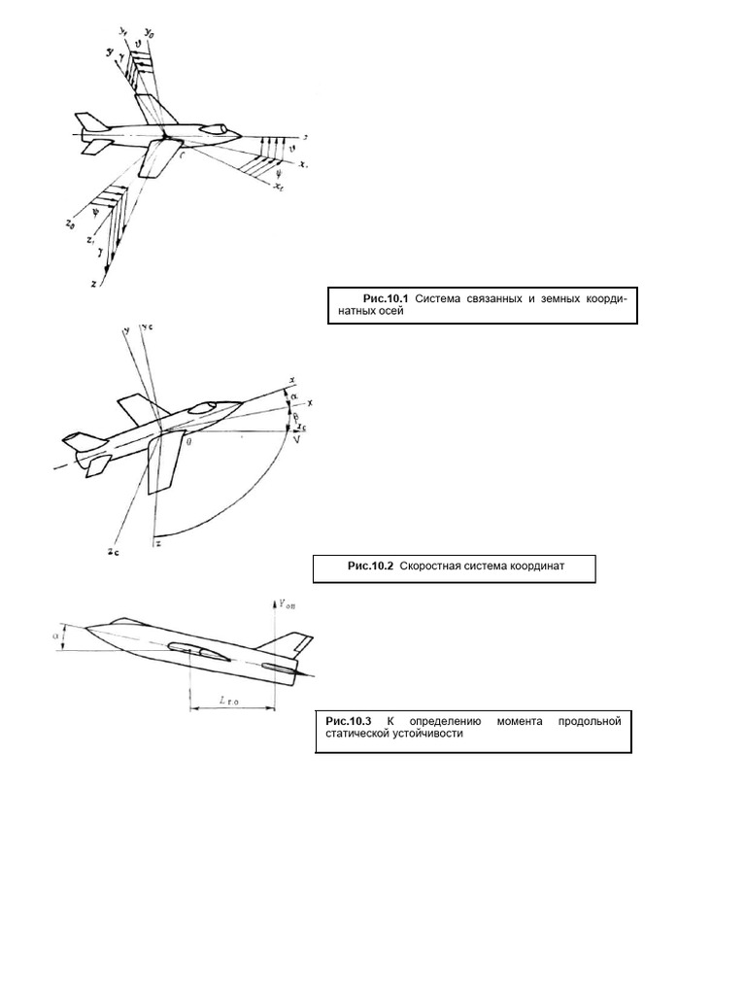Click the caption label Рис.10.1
387,300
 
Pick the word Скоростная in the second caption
433,566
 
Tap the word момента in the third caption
522,722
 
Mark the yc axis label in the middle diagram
147,326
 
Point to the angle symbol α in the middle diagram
293,395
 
